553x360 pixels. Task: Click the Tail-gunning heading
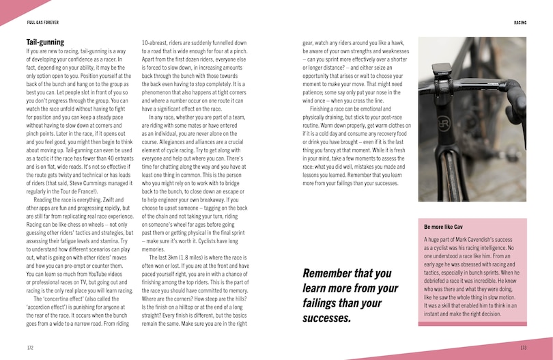[x=45, y=42]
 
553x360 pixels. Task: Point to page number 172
[x=30, y=347]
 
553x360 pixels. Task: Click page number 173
[x=523, y=347]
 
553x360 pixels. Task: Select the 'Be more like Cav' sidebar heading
[x=444, y=226]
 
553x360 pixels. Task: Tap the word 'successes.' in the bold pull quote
[x=327, y=318]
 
